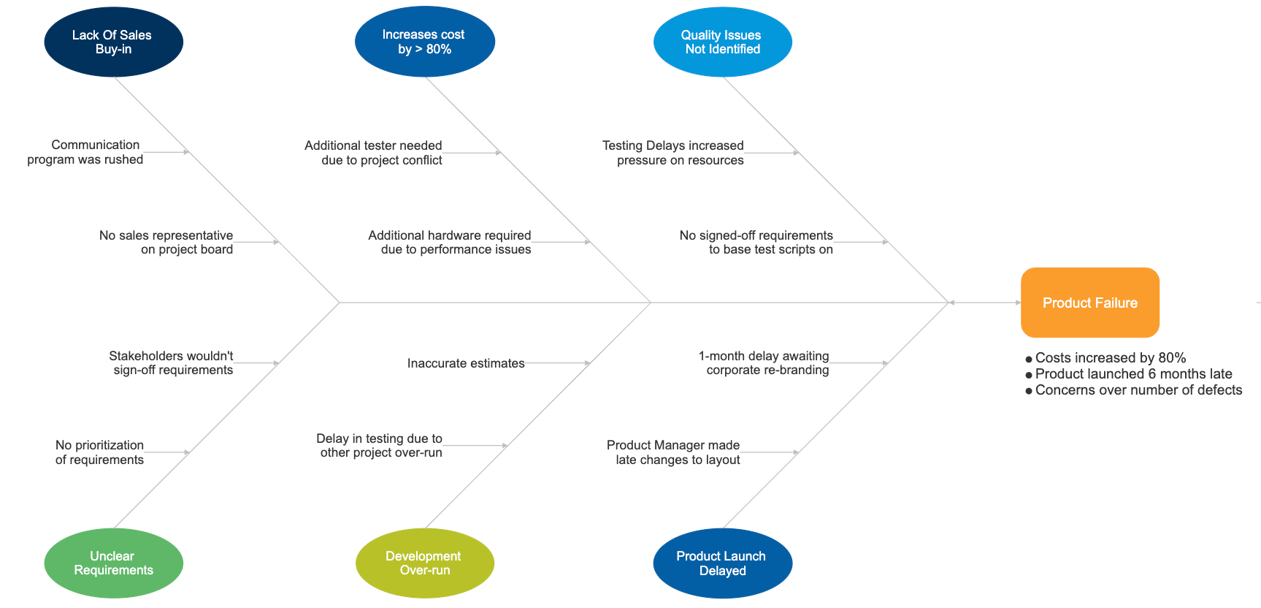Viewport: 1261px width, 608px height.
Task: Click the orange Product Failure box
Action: pos(1089,303)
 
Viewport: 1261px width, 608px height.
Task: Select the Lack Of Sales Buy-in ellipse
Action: pos(113,42)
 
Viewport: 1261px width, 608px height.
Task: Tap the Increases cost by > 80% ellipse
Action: pos(424,42)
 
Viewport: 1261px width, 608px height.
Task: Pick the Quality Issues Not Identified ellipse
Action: pos(722,42)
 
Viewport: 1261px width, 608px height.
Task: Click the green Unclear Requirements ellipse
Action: pos(113,563)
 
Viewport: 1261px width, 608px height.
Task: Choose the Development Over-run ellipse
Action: pos(424,563)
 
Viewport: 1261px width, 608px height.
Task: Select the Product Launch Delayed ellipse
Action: pos(722,563)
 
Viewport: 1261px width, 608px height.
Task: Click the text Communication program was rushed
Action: pos(85,152)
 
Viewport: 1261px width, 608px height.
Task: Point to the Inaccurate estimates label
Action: pos(466,363)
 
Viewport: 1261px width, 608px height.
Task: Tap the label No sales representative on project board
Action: pos(166,242)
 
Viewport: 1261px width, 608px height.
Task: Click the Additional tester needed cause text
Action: pos(374,153)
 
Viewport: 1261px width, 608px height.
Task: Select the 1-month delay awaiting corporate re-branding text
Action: pos(764,362)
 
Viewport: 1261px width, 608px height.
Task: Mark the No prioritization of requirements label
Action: pos(100,452)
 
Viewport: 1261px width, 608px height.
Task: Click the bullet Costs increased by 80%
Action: pos(1110,357)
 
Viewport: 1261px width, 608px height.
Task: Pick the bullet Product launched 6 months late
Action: pos(1133,373)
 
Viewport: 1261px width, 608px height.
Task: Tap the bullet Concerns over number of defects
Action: pos(1138,389)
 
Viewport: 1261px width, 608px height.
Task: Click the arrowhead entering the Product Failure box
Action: pos(1017,303)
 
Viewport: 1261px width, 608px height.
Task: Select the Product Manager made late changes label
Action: pos(674,452)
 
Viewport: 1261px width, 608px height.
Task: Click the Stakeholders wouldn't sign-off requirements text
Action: pos(172,362)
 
